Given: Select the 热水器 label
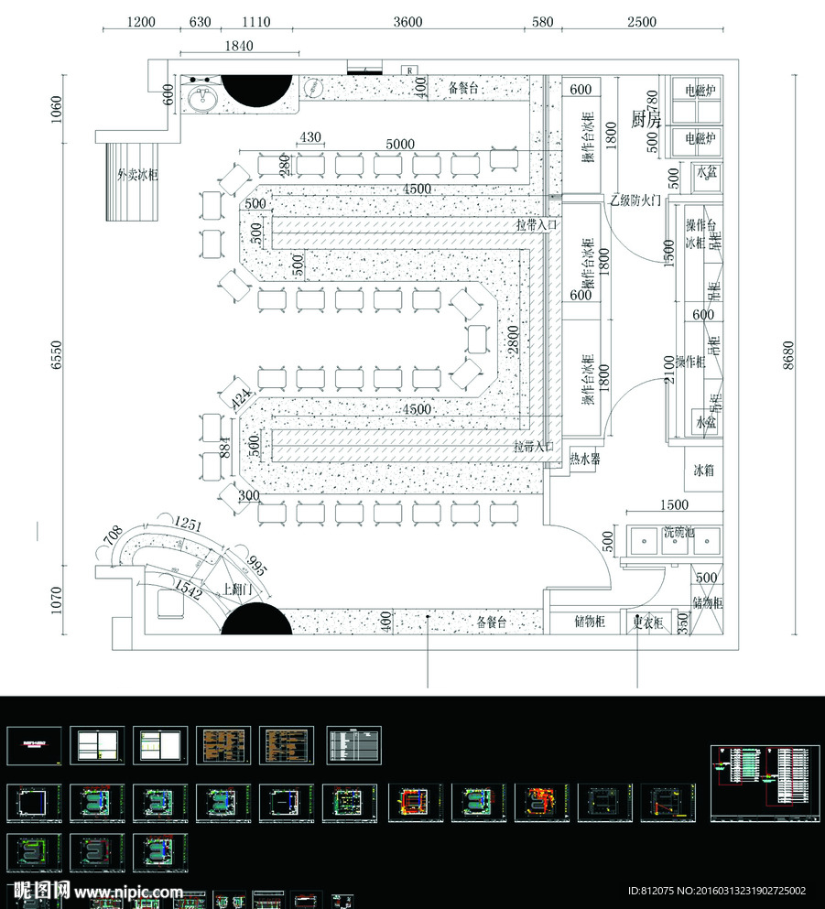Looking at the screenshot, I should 584,459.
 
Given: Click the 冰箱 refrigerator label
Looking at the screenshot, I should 703,471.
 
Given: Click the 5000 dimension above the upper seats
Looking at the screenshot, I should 399,145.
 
